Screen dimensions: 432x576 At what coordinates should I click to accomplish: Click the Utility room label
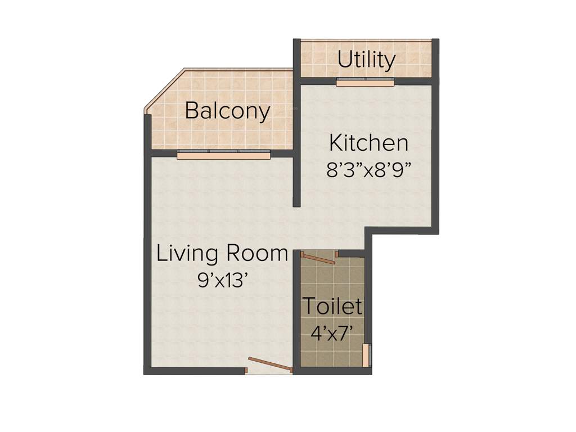(x=366, y=59)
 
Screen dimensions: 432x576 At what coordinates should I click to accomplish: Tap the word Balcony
(x=227, y=111)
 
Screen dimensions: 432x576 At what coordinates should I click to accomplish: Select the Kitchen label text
(x=368, y=143)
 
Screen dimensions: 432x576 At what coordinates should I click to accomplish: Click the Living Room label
(x=222, y=254)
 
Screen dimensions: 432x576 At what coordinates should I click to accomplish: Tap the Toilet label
(x=332, y=307)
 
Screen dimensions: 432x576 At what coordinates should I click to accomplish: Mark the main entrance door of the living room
(x=270, y=364)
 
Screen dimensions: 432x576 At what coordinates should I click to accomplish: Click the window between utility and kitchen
(x=365, y=82)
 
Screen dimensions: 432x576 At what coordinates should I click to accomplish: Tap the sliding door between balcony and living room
(x=223, y=155)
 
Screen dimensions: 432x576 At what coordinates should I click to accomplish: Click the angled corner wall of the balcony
(x=165, y=89)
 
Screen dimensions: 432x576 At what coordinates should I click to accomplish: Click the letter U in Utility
(x=345, y=59)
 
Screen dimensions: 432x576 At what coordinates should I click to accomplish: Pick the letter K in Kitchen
(x=336, y=143)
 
